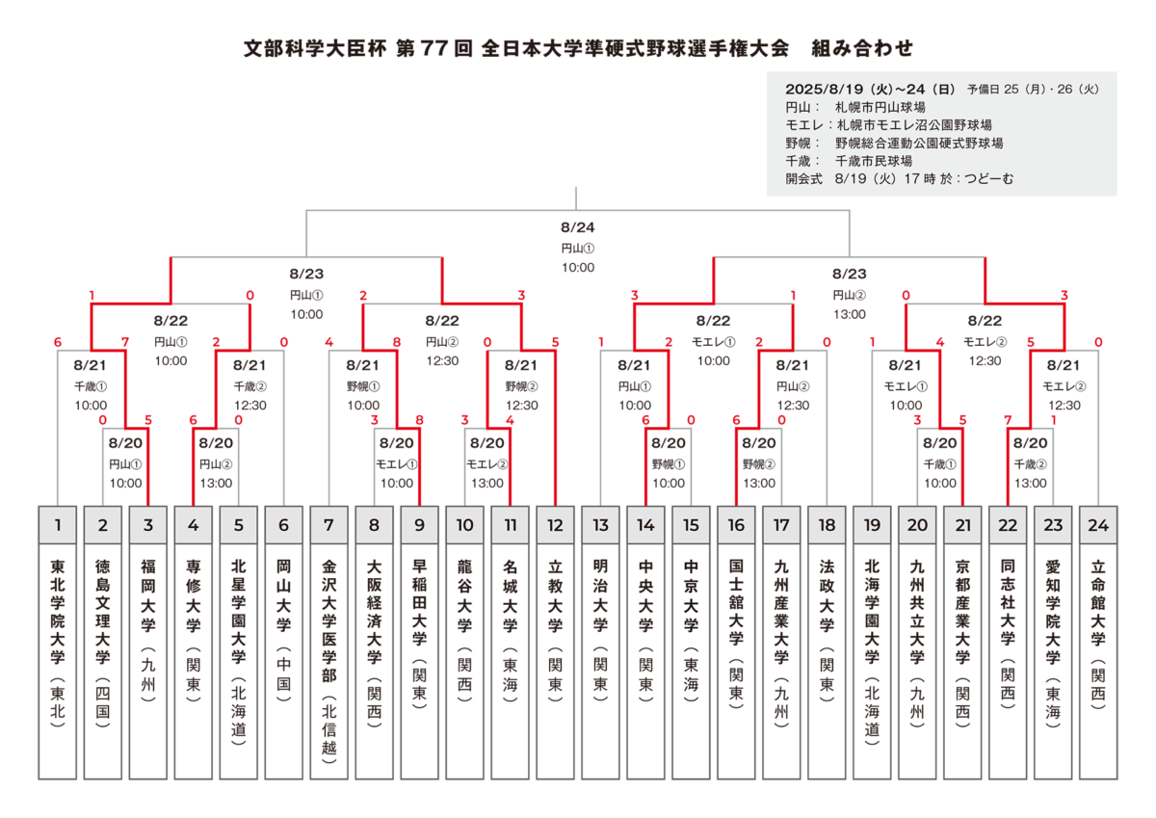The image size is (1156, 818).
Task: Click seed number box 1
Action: pos(57,524)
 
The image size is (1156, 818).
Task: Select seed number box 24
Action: pos(1097,524)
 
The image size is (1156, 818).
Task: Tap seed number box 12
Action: pos(555,524)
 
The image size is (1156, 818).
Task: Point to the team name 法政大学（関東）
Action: pos(827,630)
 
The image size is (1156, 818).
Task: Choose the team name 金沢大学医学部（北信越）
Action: pos(328,662)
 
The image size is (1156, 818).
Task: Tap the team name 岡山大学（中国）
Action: pos(283,630)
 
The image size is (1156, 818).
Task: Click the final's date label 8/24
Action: pos(577,227)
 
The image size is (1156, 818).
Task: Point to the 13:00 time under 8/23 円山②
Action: pos(849,314)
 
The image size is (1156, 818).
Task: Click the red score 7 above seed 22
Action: pos(1008,420)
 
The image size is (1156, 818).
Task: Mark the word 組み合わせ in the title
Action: pos(862,48)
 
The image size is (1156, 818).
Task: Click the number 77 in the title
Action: pos(433,48)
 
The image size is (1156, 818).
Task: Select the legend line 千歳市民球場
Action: pos(873,161)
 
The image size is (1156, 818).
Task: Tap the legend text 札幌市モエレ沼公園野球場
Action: pos(914,125)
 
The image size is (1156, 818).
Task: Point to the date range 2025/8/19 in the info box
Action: pos(826,90)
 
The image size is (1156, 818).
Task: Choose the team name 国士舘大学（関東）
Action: pos(736,634)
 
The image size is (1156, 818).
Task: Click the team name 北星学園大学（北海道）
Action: pos(238,652)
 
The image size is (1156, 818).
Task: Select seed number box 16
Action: pos(736,524)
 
